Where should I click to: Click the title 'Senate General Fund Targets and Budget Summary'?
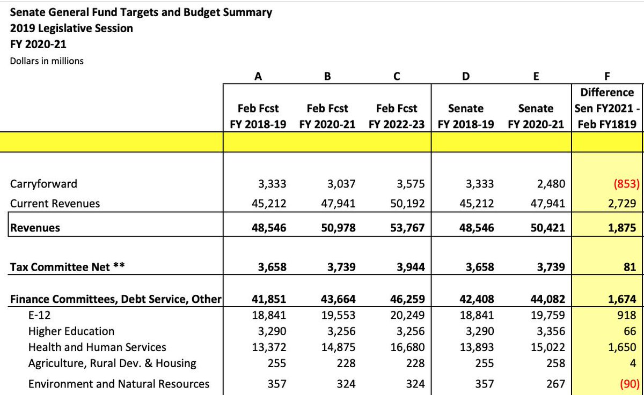click(141, 12)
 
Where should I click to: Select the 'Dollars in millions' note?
click(47, 61)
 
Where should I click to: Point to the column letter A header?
click(258, 76)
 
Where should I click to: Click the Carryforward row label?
click(43, 184)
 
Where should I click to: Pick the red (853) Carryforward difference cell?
click(623, 184)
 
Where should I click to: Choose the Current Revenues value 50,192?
click(407, 204)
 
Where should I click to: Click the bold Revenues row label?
click(35, 228)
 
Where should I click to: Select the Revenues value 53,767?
click(406, 228)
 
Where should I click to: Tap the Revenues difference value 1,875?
click(623, 228)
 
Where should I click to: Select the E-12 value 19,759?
click(547, 315)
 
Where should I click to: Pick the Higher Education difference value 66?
click(630, 331)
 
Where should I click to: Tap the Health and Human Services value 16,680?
click(407, 347)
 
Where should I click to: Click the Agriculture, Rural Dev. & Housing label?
click(112, 363)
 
